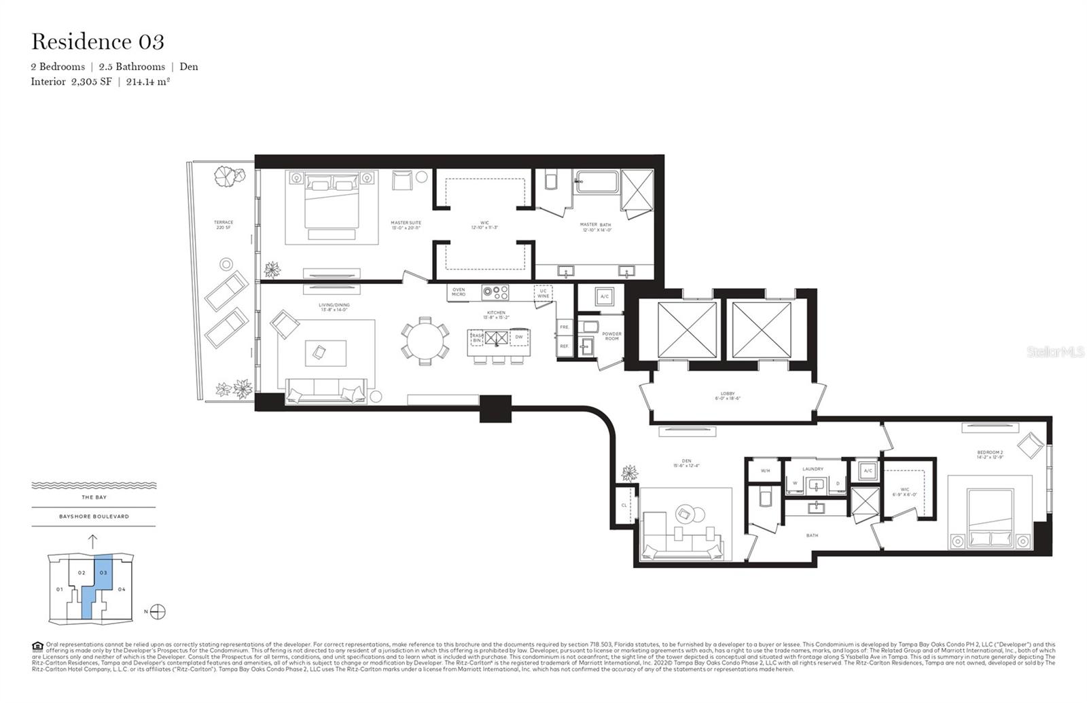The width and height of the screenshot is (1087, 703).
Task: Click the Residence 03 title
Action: point(98,42)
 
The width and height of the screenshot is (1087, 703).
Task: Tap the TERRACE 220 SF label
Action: point(224,225)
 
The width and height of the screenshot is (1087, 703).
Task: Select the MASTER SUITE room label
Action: point(406,225)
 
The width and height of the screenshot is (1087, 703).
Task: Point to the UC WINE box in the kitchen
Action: point(543,293)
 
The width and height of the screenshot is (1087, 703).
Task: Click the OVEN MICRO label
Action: point(459,292)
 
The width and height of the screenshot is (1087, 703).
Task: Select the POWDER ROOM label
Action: point(611,336)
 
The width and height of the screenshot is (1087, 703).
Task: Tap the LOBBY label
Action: point(728,396)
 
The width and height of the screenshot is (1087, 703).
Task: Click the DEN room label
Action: point(686,463)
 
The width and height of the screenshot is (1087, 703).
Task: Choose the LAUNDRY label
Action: point(813,469)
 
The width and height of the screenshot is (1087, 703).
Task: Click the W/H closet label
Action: point(765,470)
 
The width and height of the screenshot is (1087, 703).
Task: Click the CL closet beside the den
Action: point(624,505)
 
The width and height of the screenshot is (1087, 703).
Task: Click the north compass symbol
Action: point(158,611)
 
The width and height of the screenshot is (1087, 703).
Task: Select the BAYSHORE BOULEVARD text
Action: point(94,516)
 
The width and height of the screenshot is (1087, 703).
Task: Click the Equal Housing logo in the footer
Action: point(37,646)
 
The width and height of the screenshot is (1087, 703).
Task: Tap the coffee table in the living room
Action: point(319,352)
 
